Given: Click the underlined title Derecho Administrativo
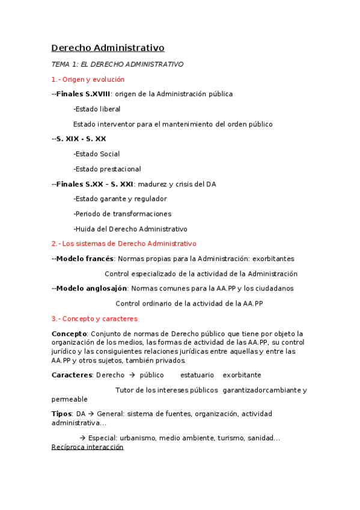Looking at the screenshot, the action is coord(108,48).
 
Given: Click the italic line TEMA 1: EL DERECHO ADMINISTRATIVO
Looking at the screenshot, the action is coord(117,64).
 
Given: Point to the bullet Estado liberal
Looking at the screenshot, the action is coord(97,109).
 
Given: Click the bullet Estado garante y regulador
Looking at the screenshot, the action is coord(120,198).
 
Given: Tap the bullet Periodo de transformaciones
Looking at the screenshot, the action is coord(122,214).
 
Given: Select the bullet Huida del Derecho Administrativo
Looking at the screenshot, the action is coord(130,229).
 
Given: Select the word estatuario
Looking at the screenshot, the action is coord(197,375).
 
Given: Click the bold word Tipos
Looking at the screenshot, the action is coord(61,414).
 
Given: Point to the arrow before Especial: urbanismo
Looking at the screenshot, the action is coord(82,438).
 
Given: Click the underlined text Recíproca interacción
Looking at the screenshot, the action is coord(87,447).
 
